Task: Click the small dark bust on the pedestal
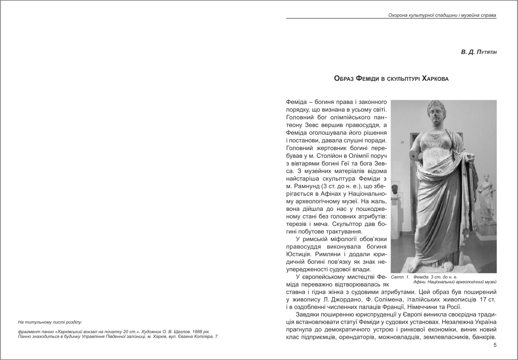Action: (395, 190)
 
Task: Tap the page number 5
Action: (495, 346)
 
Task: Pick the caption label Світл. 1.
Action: (400, 277)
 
